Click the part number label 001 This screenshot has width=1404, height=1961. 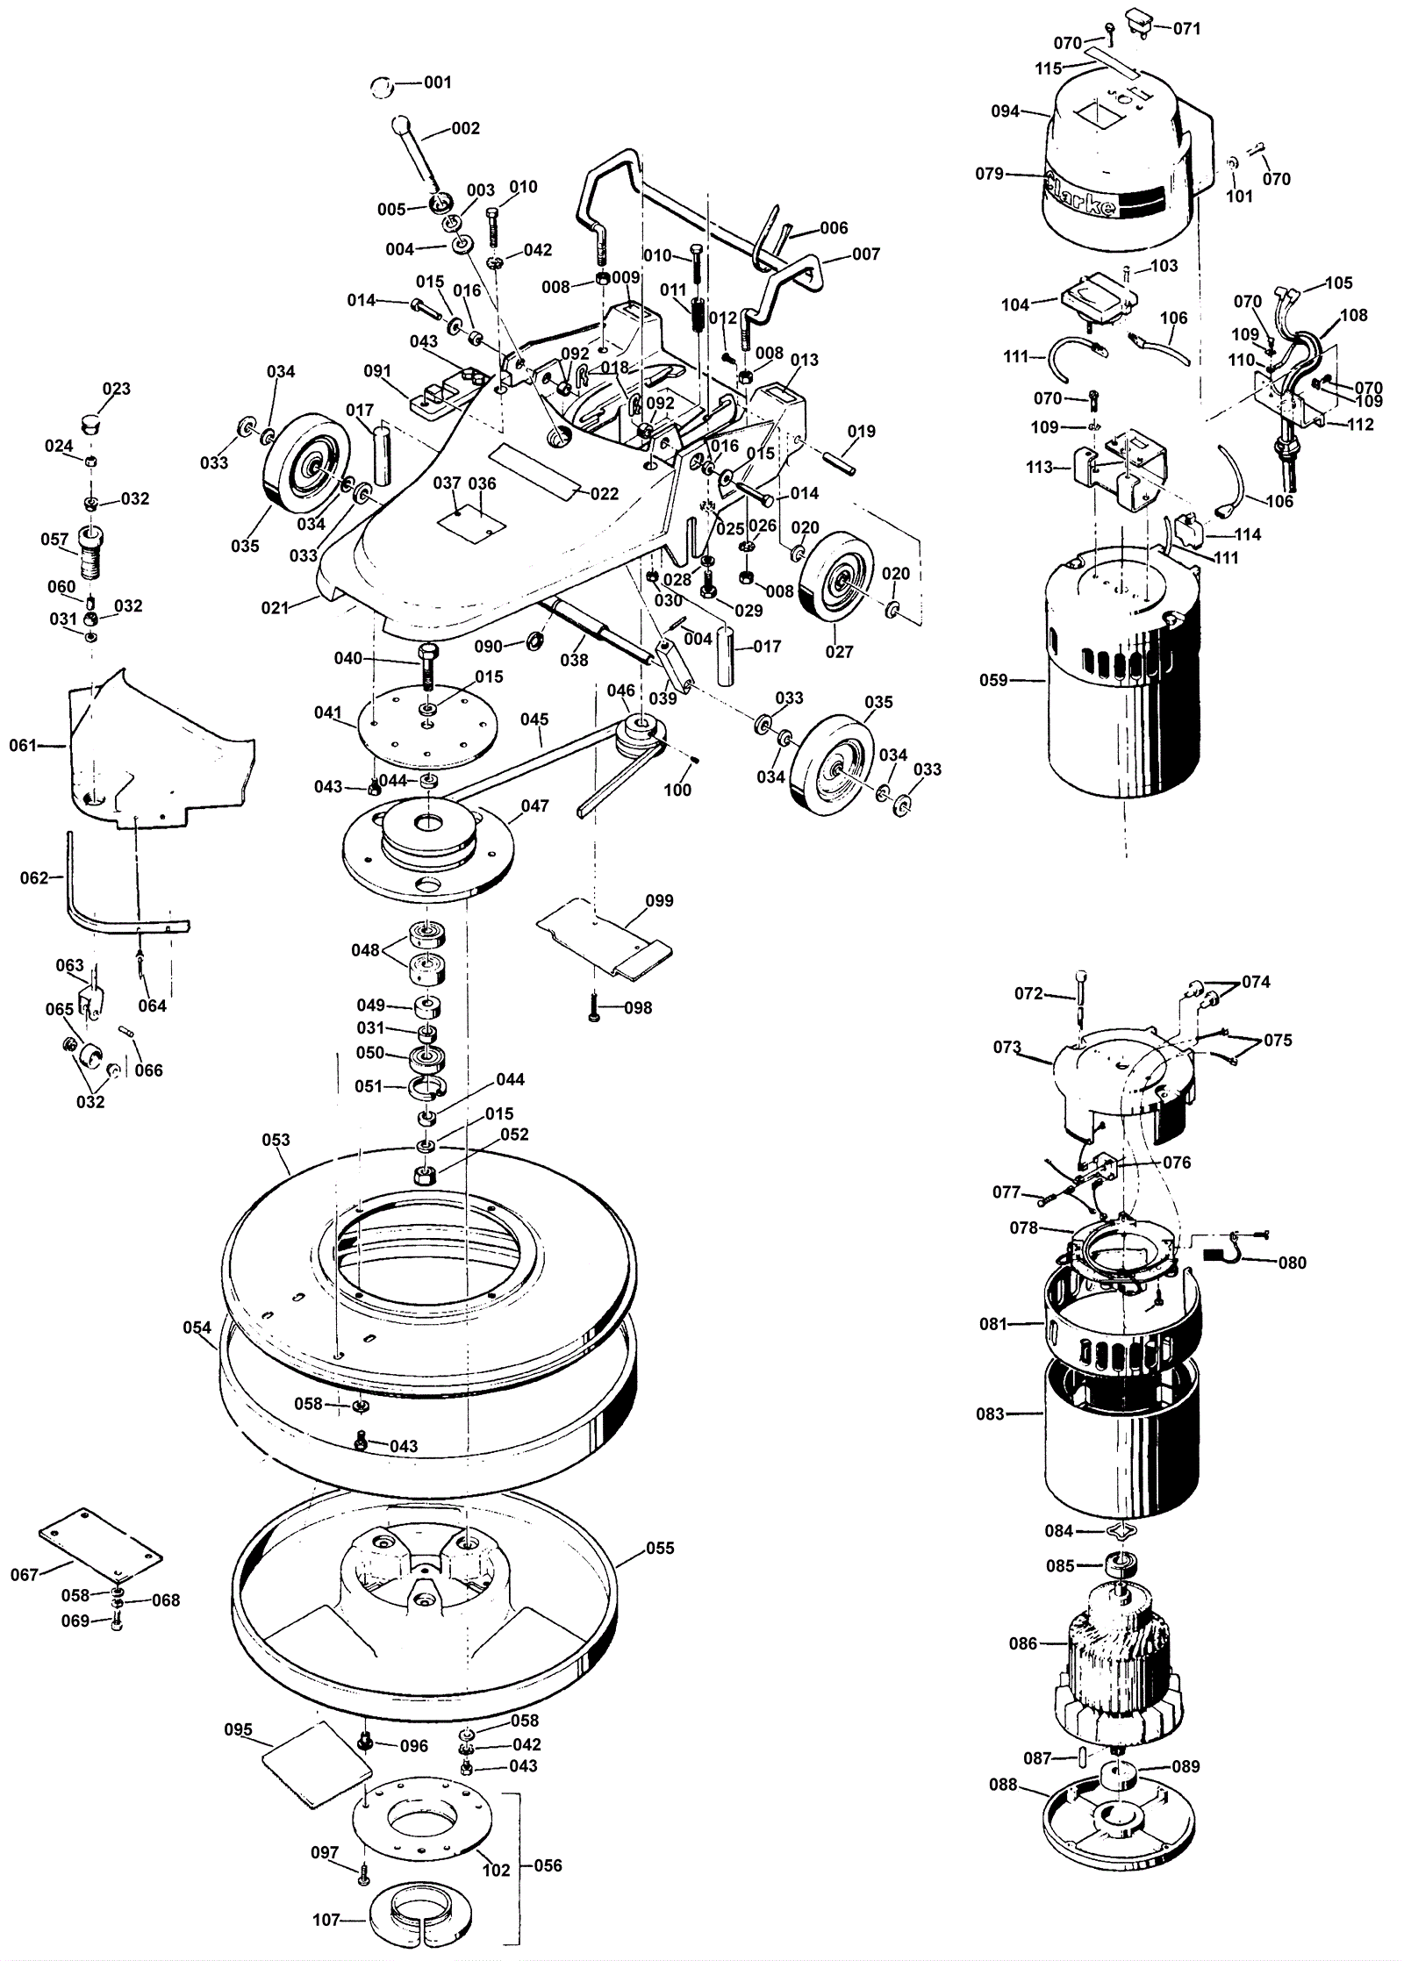pos(437,82)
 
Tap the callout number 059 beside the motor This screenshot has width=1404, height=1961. pos(993,680)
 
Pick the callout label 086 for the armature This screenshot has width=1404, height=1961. pos(1023,1643)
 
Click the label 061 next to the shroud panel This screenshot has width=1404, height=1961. pos(23,746)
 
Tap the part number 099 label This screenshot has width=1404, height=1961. pos(659,901)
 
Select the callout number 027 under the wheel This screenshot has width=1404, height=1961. pos(839,652)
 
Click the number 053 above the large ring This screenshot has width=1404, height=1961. pos(276,1140)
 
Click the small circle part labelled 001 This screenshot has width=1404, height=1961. pos(380,86)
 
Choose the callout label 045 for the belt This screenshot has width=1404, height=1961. pos(534,719)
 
